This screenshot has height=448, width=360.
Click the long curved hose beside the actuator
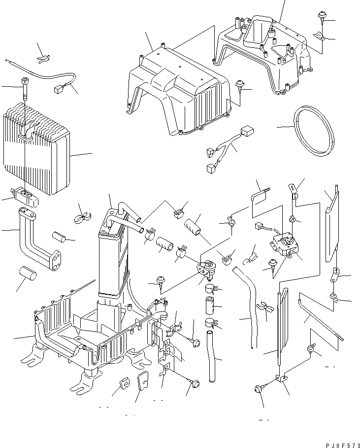pyautogui.click(x=249, y=306)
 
